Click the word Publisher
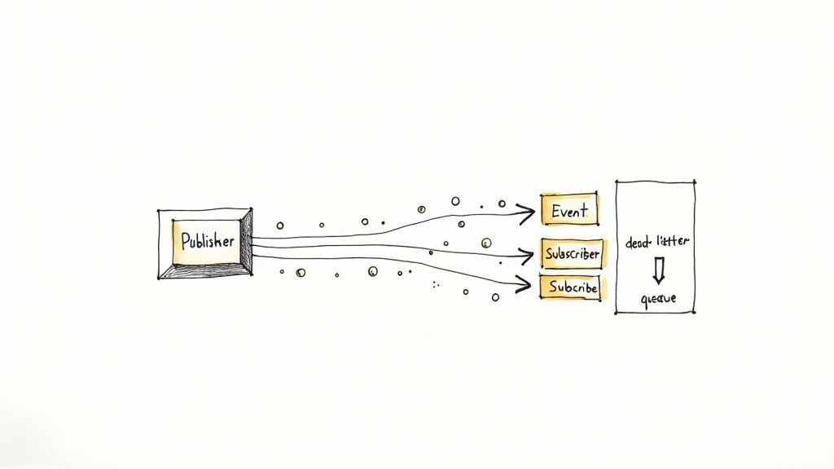[207, 241]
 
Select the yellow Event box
[569, 211]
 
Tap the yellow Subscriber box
[571, 254]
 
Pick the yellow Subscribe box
[569, 287]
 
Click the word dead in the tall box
[640, 243]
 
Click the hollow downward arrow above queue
[658, 270]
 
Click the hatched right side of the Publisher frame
[247, 242]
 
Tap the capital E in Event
[556, 211]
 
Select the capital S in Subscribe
[553, 287]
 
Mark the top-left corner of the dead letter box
[617, 182]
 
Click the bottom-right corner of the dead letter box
[695, 313]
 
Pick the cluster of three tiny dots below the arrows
[436, 284]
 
